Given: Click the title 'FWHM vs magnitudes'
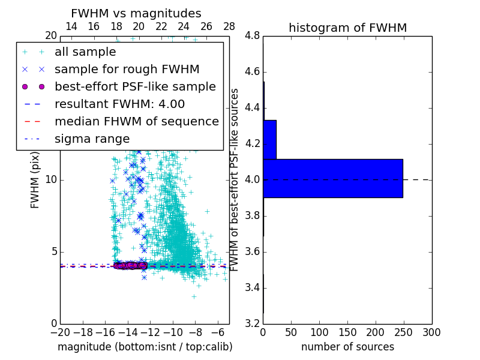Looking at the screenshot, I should point(136,13).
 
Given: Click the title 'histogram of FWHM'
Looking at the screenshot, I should point(347,28).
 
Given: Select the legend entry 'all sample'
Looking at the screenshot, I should point(85,52).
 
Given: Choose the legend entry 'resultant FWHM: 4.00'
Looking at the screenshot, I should point(119,104).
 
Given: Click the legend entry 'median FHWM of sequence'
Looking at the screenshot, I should point(136,122).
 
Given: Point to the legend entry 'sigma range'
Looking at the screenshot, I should point(92,139).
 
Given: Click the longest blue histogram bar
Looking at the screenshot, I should point(333,178).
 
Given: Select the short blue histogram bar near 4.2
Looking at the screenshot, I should point(269,140).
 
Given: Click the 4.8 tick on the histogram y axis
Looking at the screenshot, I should point(253,36).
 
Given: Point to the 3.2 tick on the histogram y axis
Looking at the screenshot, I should point(253,323).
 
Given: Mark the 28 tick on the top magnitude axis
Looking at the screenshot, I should point(229,27).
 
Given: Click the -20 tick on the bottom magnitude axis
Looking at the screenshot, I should point(60,332).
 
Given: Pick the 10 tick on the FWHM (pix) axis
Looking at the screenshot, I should point(51,180).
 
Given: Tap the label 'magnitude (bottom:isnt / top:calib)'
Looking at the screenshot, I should point(145,347).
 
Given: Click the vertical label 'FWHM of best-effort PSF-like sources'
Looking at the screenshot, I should point(235,179).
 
